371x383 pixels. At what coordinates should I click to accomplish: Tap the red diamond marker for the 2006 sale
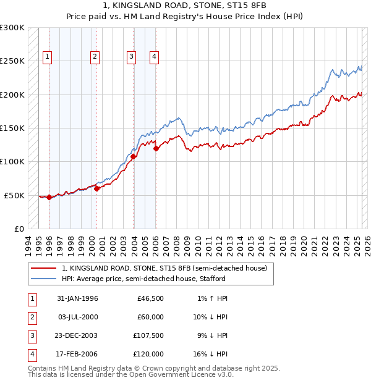point(156,148)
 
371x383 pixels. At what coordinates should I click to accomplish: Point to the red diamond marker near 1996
point(49,197)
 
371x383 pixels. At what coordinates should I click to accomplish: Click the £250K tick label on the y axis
point(12,61)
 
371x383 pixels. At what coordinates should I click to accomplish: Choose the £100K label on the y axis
point(12,161)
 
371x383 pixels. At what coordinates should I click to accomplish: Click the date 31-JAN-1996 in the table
point(77,298)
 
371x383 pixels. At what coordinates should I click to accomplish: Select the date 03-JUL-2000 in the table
point(77,317)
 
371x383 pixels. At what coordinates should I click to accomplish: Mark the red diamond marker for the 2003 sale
point(134,156)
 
